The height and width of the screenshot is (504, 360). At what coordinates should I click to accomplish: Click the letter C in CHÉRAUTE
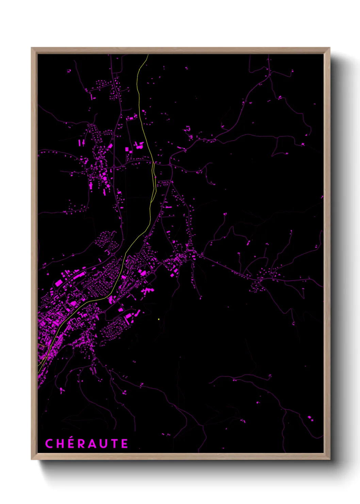coord(49,444)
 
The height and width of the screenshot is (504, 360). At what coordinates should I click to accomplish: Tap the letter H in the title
coord(61,444)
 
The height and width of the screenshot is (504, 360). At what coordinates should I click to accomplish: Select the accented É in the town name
coord(71,444)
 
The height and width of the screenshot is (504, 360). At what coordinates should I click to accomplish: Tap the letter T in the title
coord(115,444)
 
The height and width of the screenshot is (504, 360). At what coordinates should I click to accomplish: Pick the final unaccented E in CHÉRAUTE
coord(125,444)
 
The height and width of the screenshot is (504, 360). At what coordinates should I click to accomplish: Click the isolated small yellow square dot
coord(159,319)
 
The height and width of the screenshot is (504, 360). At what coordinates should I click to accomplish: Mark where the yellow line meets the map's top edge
coord(148,54)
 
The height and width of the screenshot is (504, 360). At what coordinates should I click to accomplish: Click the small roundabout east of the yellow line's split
coord(170,165)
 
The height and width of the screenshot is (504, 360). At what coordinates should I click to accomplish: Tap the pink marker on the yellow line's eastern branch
coord(156,177)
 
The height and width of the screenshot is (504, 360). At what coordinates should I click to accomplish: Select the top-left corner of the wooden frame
coord(32,48)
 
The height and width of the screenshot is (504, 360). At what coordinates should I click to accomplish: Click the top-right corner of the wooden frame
coord(329,48)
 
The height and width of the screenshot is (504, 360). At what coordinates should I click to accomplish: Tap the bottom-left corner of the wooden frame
coord(32,459)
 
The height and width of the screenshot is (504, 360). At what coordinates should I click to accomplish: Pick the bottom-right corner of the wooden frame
coord(329,459)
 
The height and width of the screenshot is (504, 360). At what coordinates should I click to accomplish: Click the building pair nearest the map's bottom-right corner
coord(310,418)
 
